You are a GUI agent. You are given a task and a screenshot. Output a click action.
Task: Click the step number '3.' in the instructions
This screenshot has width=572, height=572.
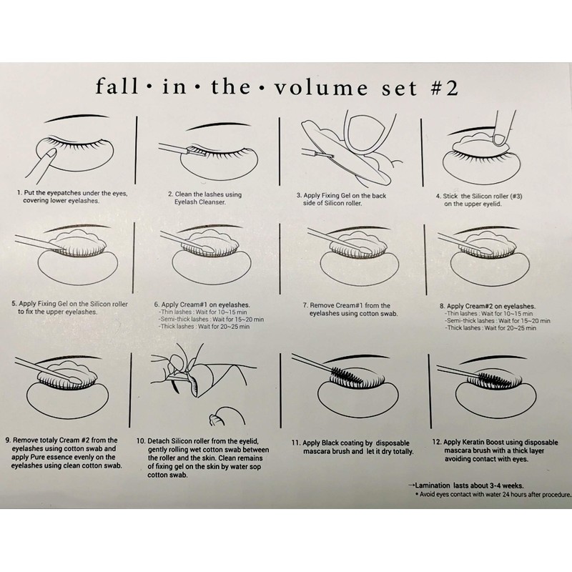coord(299,194)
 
